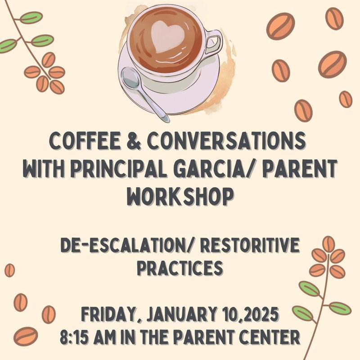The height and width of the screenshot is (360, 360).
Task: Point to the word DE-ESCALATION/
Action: [x=123, y=246]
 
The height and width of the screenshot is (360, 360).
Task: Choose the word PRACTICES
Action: [x=180, y=269]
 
